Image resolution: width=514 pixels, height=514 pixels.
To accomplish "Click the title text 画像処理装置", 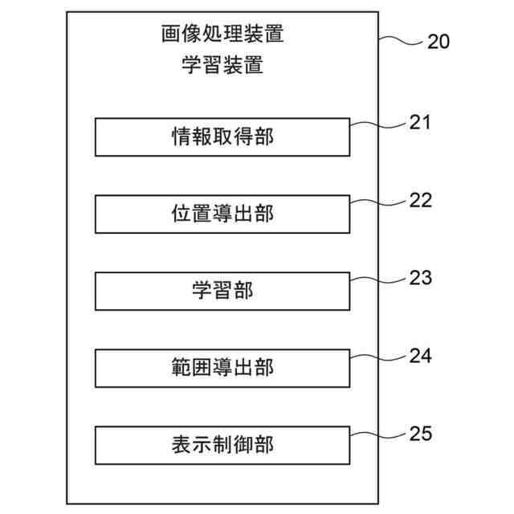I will click(222, 35).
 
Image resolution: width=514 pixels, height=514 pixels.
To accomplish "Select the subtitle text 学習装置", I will click(222, 65).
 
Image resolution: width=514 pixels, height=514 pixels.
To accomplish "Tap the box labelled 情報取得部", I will click(222, 137).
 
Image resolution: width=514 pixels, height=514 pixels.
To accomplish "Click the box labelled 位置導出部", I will click(222, 214).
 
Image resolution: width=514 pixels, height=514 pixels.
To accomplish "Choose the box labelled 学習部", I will click(222, 291).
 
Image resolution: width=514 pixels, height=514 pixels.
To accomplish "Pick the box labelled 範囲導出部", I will click(222, 368).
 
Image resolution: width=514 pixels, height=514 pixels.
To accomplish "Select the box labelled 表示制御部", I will click(222, 444).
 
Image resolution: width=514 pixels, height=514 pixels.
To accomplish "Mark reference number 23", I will click(420, 277).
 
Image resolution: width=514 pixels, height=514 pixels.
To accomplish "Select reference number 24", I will click(420, 354).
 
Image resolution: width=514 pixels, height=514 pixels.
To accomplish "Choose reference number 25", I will click(420, 434).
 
